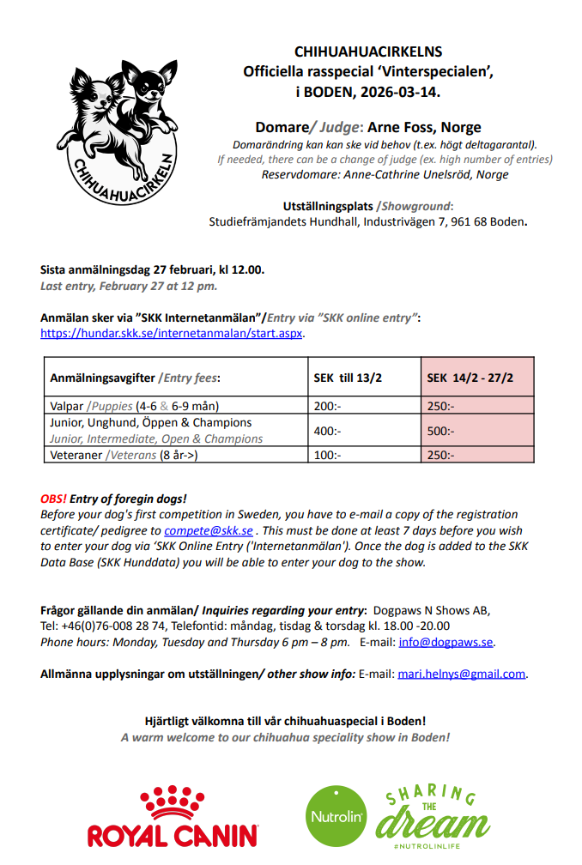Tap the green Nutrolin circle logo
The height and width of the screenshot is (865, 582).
point(336,815)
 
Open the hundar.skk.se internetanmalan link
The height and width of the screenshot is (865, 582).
point(172,333)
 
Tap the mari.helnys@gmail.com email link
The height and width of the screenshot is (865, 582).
point(462,674)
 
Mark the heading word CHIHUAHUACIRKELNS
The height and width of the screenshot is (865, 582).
point(368,52)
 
